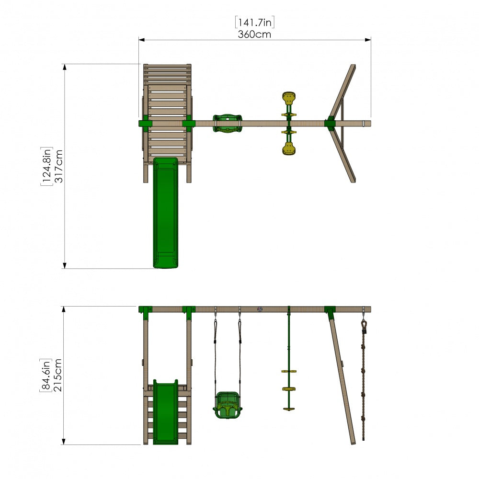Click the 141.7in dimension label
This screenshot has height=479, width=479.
click(254, 23)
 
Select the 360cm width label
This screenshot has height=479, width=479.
click(254, 34)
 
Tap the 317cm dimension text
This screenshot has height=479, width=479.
click(58, 166)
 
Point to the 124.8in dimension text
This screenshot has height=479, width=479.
click(46, 166)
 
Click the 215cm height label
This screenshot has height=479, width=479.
click(57, 375)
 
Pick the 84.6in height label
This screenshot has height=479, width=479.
click(46, 375)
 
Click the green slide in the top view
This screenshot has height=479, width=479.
click(166, 213)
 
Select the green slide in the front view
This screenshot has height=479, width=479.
click(166, 412)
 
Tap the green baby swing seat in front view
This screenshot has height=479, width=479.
click(227, 405)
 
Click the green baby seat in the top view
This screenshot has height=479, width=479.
click(227, 124)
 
